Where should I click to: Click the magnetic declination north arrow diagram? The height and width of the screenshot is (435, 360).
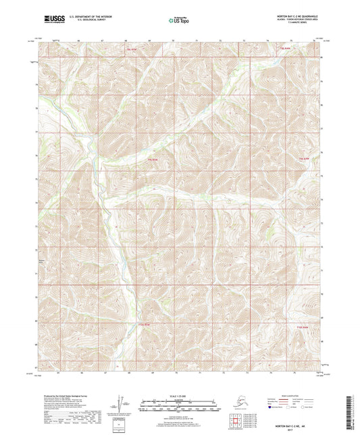click(122, 403)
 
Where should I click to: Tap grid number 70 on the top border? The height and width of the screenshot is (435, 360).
click(173, 41)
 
